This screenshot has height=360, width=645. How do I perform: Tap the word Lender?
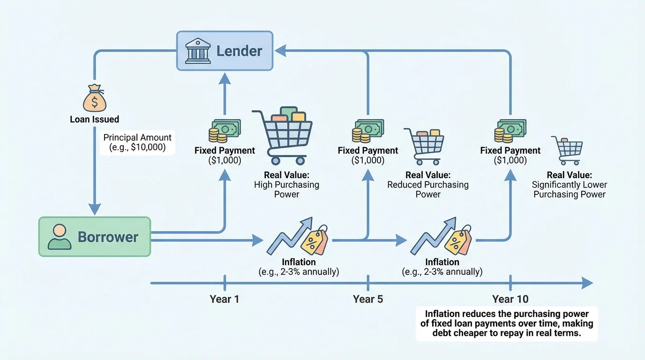(239, 51)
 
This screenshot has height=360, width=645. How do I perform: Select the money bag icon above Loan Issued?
(95, 97)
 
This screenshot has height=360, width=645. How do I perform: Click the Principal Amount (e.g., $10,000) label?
(137, 143)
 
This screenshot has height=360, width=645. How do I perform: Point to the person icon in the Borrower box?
(60, 236)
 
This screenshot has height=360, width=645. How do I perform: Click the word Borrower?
(108, 237)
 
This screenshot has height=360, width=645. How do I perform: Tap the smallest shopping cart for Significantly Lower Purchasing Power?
(567, 150)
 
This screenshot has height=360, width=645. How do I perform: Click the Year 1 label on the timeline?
(224, 299)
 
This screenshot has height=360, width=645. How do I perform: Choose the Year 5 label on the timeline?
(367, 299)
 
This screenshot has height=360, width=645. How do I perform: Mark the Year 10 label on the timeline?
(510, 299)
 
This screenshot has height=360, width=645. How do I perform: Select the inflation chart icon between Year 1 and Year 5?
(298, 236)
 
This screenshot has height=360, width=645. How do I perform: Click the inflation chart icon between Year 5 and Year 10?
(441, 236)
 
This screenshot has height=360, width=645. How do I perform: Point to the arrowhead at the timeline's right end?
(587, 283)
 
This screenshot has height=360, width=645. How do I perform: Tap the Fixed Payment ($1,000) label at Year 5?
(367, 155)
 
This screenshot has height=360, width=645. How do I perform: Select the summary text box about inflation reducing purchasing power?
(507, 324)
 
